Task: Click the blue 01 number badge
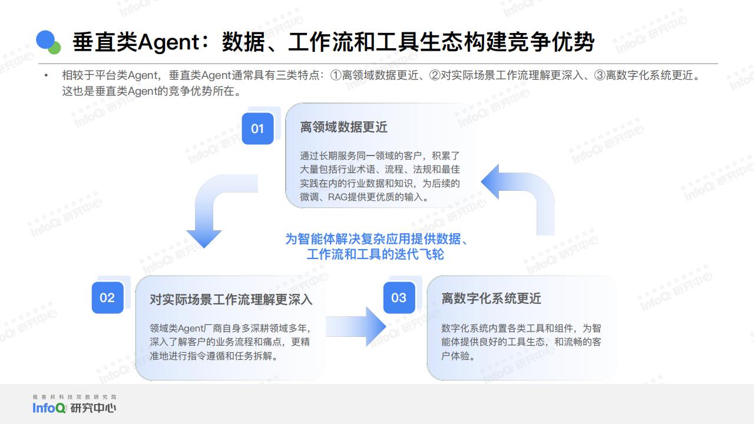click(257, 128)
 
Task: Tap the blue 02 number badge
click(107, 298)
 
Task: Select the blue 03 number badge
click(399, 298)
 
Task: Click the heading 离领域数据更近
click(343, 127)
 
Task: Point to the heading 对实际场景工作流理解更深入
click(231, 299)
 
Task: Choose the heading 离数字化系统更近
click(491, 298)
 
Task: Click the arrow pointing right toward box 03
click(356, 326)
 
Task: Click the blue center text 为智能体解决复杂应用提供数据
click(373, 239)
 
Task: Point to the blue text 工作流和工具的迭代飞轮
click(375, 254)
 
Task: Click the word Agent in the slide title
click(169, 42)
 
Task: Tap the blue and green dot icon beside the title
click(48, 42)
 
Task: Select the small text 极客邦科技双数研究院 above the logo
click(74, 397)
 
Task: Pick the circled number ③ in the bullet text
click(600, 75)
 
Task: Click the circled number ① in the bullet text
click(336, 75)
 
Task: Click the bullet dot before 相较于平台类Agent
click(46, 75)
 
